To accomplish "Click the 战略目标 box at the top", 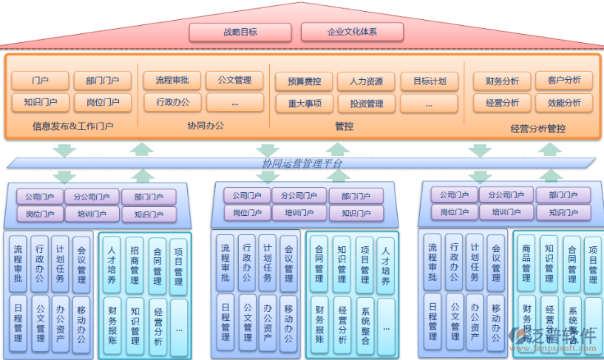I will pyautogui.click(x=241, y=32).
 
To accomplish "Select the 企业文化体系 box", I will pyautogui.click(x=352, y=32).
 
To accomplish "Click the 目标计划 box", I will pyautogui.click(x=430, y=81).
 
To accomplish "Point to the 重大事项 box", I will pyautogui.click(x=304, y=103).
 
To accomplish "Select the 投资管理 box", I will pyautogui.click(x=366, y=103).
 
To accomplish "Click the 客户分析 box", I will pyautogui.click(x=564, y=80).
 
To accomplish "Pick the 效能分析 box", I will pyautogui.click(x=564, y=103).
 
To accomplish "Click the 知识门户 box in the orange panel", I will pyautogui.click(x=40, y=102).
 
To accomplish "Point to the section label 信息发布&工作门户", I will pyautogui.click(x=72, y=126).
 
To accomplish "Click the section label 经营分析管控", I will pyautogui.click(x=537, y=129).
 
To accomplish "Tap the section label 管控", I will pyautogui.click(x=344, y=126).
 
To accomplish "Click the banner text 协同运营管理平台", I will pyautogui.click(x=302, y=163).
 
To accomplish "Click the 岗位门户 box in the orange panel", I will pyautogui.click(x=103, y=102).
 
